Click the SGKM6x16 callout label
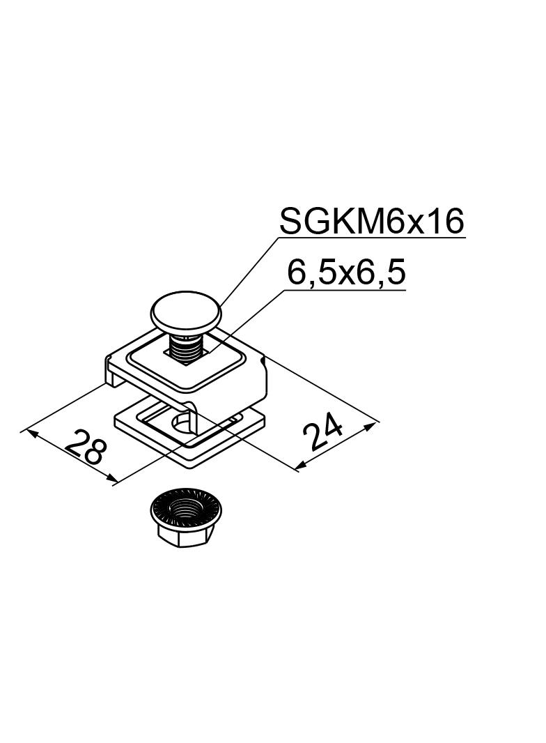[372, 221]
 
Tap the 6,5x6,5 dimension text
[347, 273]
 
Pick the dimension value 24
[323, 431]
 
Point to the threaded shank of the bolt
[186, 348]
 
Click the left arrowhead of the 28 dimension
[31, 433]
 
